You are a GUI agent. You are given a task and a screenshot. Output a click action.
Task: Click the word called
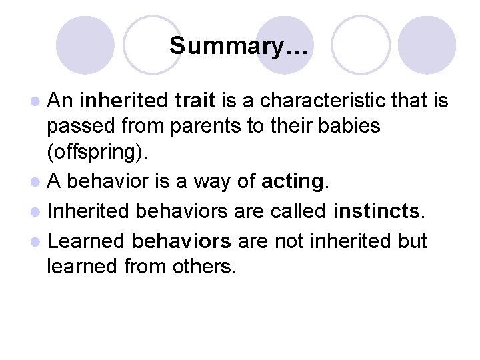pyautogui.click(x=298, y=212)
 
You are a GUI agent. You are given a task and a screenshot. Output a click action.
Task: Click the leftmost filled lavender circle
pyautogui.click(x=85, y=45)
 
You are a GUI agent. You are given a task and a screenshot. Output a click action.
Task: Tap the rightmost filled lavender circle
pyautogui.click(x=427, y=45)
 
